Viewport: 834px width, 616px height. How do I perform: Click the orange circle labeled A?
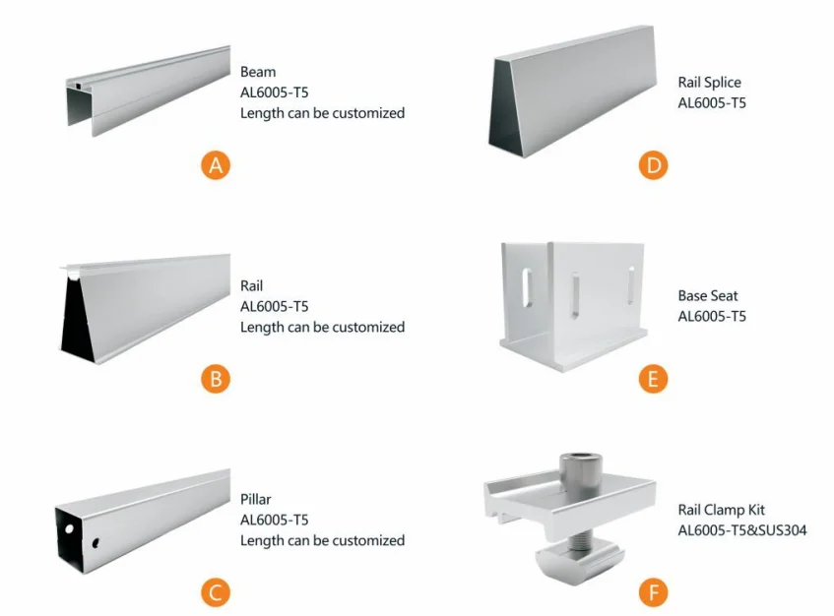click(x=216, y=165)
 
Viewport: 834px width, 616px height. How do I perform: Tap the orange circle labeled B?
click(x=216, y=379)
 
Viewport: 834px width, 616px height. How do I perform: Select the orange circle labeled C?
click(x=216, y=592)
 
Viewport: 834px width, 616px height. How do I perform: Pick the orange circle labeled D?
click(x=653, y=165)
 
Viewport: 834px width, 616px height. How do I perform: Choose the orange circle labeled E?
click(x=653, y=379)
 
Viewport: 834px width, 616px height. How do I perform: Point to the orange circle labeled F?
click(x=653, y=592)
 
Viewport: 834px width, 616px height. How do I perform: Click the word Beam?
click(x=258, y=72)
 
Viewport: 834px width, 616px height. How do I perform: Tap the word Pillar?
click(x=256, y=499)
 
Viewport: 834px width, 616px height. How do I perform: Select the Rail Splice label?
click(x=710, y=83)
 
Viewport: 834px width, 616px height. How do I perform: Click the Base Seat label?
click(x=708, y=295)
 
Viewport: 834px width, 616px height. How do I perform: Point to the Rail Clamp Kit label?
click(x=721, y=510)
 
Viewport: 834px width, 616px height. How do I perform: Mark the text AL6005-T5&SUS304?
click(x=742, y=530)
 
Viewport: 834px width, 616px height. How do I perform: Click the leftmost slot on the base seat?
click(x=527, y=288)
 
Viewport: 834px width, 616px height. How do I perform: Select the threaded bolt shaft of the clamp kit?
click(x=579, y=541)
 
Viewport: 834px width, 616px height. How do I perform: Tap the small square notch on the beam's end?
click(x=78, y=86)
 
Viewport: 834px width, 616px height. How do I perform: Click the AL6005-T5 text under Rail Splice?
click(x=712, y=103)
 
